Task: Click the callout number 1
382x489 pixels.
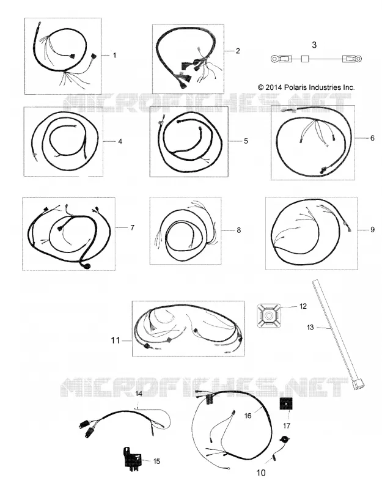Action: point(114,55)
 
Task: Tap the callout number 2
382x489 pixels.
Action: point(238,51)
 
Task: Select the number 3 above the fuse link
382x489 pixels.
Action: point(314,45)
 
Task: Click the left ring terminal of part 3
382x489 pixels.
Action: point(274,58)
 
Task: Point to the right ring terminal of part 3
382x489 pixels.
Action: point(358,58)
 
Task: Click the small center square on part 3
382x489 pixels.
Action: point(305,58)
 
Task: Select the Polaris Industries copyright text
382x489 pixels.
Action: point(306,87)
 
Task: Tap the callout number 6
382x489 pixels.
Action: point(372,138)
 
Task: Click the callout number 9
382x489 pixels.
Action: point(372,230)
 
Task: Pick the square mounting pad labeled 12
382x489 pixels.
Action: point(268,316)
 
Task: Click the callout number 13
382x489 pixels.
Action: point(310,327)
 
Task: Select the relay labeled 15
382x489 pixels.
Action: point(131,457)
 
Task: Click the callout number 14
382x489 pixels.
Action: point(139,394)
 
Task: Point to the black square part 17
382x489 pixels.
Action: point(286,405)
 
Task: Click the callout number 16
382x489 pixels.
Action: point(248,416)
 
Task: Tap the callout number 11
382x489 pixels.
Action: point(116,340)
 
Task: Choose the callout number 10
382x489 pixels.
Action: point(261,473)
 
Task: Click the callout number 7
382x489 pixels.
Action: point(132,227)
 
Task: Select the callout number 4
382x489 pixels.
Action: point(120,142)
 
